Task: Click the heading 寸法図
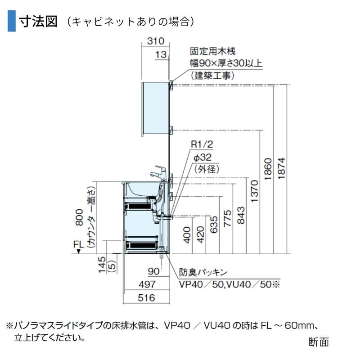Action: (x=38, y=21)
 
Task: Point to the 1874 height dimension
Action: (x=281, y=170)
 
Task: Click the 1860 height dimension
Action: (x=268, y=170)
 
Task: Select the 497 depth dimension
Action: (x=147, y=284)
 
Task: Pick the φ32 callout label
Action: (x=202, y=157)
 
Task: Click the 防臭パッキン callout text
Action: (x=202, y=272)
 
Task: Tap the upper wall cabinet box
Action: (x=155, y=108)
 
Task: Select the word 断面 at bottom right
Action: (x=319, y=342)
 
